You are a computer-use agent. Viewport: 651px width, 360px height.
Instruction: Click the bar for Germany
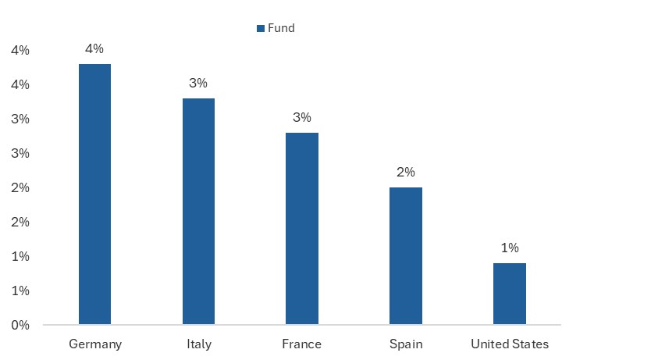(94, 194)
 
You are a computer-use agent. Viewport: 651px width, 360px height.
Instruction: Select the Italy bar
(198, 211)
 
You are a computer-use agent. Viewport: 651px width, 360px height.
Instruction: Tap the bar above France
(302, 228)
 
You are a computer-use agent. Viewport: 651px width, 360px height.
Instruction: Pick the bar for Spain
(406, 255)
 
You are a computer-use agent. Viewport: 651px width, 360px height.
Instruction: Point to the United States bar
(510, 294)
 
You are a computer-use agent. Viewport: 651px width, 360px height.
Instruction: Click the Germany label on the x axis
(94, 344)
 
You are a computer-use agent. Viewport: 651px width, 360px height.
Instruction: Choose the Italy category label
(198, 344)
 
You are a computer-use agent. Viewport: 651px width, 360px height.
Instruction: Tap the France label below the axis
(302, 344)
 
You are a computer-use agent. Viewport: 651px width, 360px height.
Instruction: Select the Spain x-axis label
(406, 344)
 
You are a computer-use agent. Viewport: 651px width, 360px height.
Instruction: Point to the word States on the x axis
(531, 344)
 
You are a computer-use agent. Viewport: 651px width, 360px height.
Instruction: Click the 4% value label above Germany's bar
(94, 48)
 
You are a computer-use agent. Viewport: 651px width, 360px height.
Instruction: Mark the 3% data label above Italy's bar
(198, 83)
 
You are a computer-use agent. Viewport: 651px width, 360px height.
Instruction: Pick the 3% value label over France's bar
(302, 117)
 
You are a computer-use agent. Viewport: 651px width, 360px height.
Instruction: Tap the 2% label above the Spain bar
(406, 172)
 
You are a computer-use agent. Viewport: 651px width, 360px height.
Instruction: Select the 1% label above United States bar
(510, 248)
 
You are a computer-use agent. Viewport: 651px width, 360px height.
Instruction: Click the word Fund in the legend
(282, 28)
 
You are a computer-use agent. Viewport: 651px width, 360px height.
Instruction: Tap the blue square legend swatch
(261, 28)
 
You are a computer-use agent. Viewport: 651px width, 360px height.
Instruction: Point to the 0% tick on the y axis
(20, 325)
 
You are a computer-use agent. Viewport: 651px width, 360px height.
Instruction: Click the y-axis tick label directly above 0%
(20, 290)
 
